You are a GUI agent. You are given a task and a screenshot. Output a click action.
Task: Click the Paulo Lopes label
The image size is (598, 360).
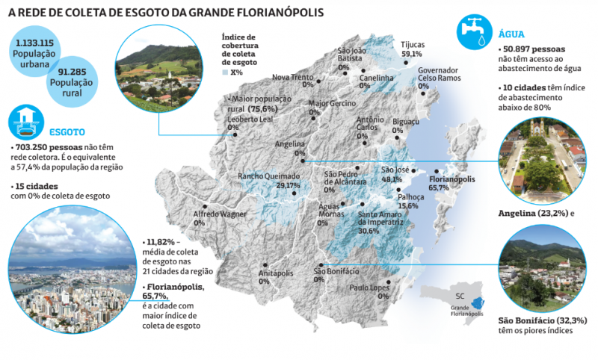coord(369,287)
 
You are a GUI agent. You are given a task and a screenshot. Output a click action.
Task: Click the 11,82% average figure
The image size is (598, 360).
coord(161,242)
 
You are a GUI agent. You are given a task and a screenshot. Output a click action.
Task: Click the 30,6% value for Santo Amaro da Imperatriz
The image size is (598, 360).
coord(369,231)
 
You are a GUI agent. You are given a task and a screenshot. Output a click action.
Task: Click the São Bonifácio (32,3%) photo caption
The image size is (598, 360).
coord(542,320)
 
